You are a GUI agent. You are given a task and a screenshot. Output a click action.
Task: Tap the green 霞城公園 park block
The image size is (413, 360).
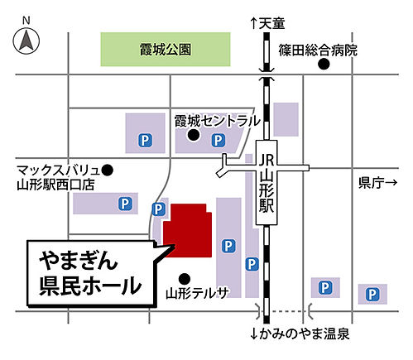tap(166, 50)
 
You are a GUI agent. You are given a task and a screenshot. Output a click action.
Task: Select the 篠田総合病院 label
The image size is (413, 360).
tap(318, 50)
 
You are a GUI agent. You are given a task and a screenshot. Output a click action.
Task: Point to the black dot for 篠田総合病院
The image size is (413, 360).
tap(325, 64)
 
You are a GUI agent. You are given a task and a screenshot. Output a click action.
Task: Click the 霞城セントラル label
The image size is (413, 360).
tap(217, 120)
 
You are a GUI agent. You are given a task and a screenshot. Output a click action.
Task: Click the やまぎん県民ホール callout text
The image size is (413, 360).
tap(86, 273)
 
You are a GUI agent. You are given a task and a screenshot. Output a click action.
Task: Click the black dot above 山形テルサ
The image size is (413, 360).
tap(185, 278)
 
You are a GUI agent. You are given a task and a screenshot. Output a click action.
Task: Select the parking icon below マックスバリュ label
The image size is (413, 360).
tap(124, 202)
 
